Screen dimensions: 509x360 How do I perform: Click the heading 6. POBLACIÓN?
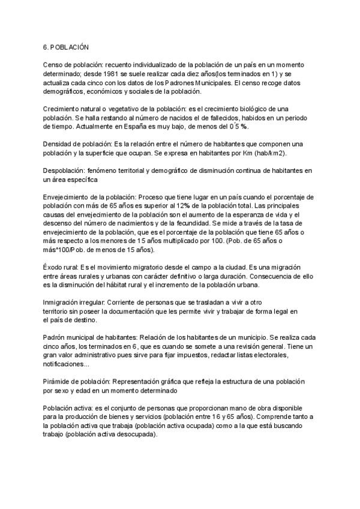pyautogui.click(x=66, y=47)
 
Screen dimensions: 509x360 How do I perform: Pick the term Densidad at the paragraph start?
pyautogui.click(x=58, y=145)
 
